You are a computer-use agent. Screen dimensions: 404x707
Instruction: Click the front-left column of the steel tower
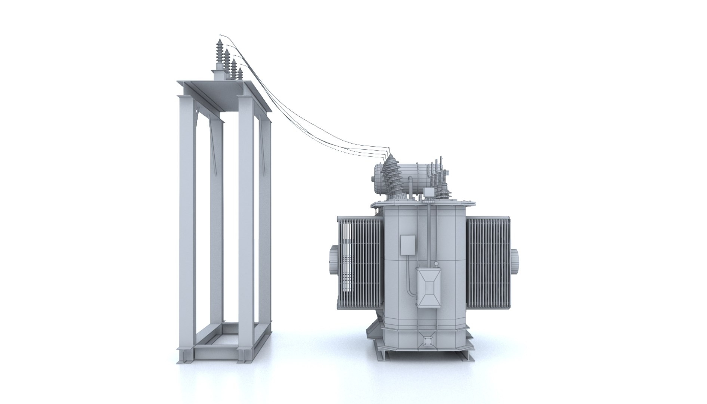[x=186, y=224]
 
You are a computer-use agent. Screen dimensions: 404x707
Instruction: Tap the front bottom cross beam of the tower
[x=215, y=352]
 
